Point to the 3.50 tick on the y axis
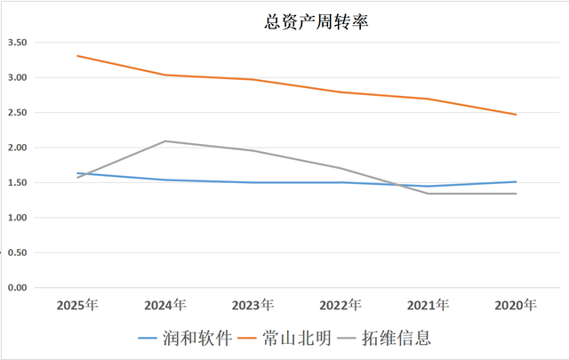[x=18, y=43]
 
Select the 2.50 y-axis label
[x=18, y=113]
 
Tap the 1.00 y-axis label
[x=18, y=218]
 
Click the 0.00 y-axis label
[x=18, y=288]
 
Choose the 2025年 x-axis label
[x=77, y=306]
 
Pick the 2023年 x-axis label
[x=252, y=306]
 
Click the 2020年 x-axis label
[x=516, y=306]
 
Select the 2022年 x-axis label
[x=341, y=306]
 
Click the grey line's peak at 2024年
[x=165, y=141]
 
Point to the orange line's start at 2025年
[x=77, y=56]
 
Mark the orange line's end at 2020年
[x=516, y=115]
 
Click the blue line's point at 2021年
[x=428, y=186]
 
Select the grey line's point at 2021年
[x=428, y=194]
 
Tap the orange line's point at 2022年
[x=341, y=92]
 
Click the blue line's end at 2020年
[x=516, y=182]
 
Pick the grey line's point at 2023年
[x=252, y=150]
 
